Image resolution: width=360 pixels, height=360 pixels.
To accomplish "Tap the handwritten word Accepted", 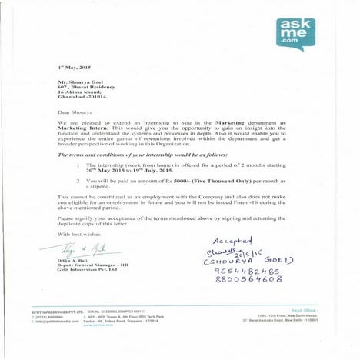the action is point(229,241).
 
